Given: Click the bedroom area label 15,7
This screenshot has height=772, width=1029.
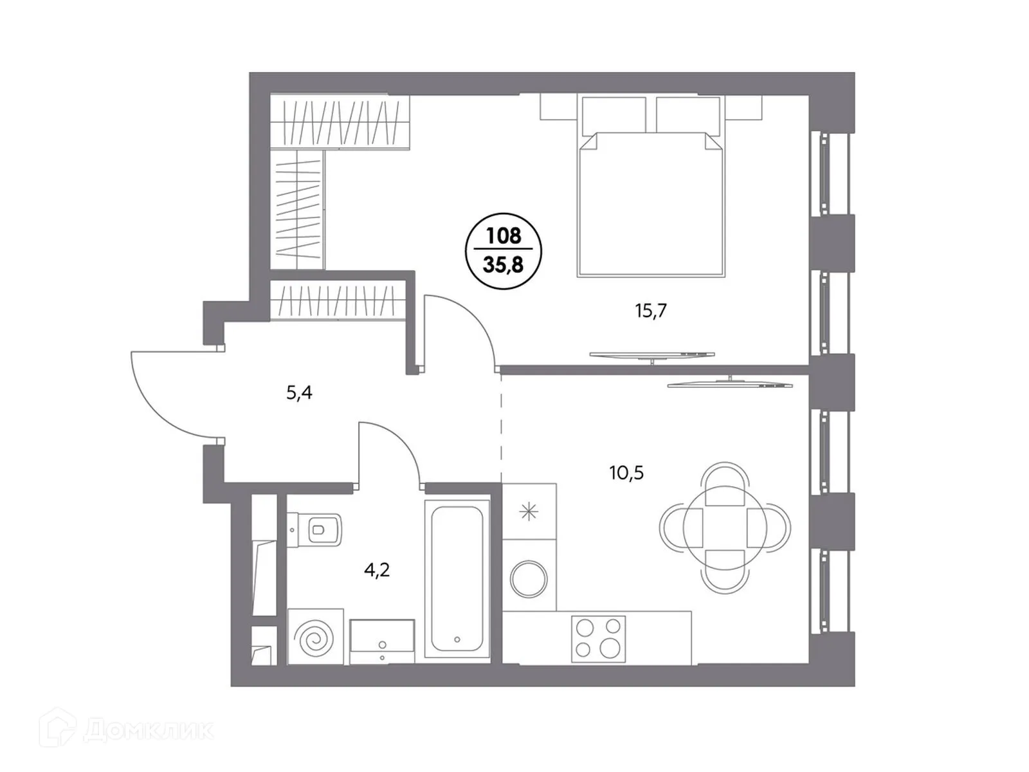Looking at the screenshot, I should pyautogui.click(x=651, y=311).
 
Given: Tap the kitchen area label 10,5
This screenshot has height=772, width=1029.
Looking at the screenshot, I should pyautogui.click(x=626, y=473).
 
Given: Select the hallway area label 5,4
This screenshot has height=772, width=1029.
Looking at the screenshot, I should pyautogui.click(x=300, y=392).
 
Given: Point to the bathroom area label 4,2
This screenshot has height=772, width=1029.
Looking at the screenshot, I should pyautogui.click(x=377, y=570).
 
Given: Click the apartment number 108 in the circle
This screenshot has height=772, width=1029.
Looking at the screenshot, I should pyautogui.click(x=504, y=235).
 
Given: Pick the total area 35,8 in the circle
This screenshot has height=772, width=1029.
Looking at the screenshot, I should pyautogui.click(x=504, y=263).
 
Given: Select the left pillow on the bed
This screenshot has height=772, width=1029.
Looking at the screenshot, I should pyautogui.click(x=614, y=116).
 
